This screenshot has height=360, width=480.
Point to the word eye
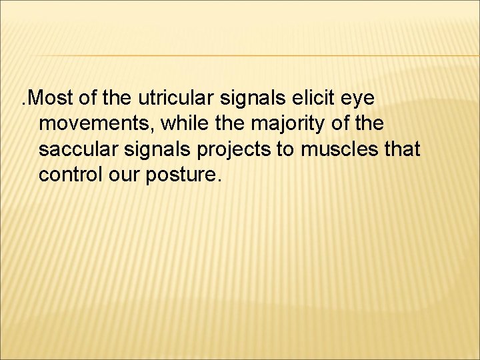pos(359,100)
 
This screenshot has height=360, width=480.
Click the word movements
pos(93,125)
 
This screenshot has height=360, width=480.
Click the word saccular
pos(77,150)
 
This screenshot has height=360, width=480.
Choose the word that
pos(401,150)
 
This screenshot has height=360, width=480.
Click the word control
pos(68,175)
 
